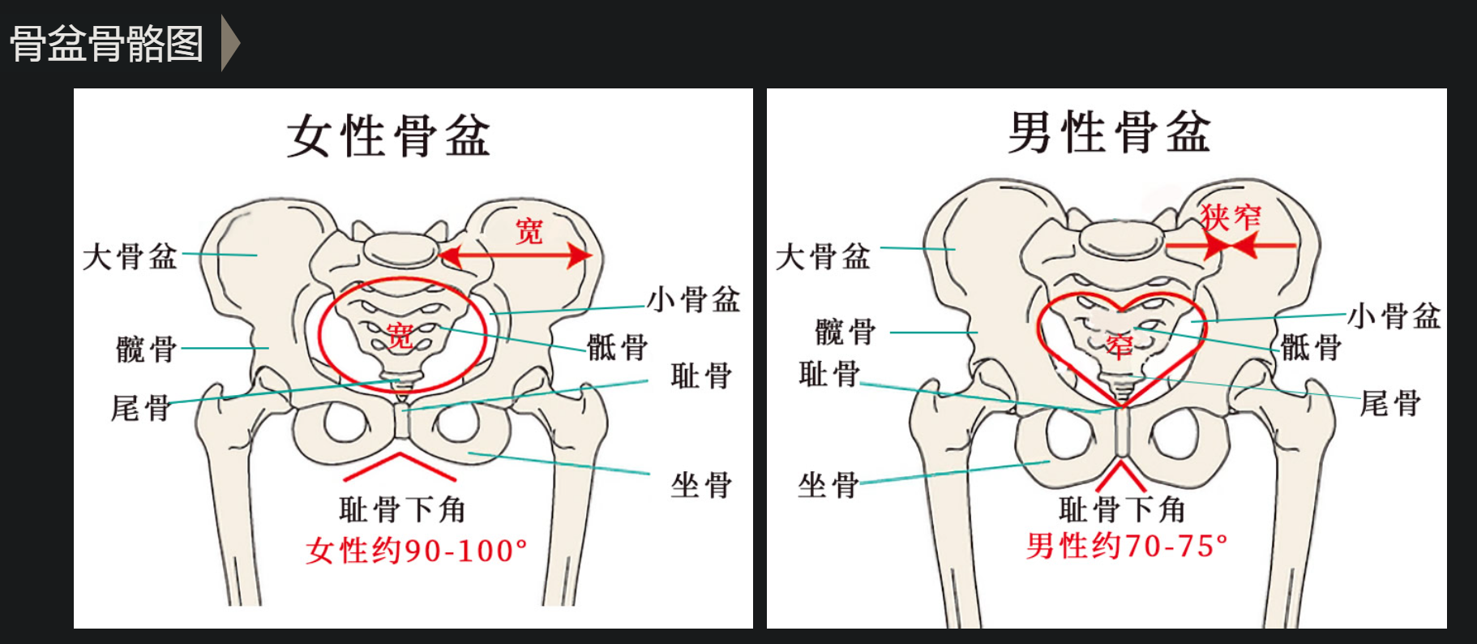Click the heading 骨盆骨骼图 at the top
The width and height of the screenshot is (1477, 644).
tap(106, 44)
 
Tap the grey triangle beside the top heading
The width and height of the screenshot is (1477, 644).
tap(230, 43)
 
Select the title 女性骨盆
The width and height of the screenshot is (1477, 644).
tap(389, 135)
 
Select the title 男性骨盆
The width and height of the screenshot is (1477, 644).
tap(1109, 131)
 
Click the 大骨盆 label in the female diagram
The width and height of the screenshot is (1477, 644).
tap(130, 257)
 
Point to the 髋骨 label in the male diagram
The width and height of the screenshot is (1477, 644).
tap(846, 332)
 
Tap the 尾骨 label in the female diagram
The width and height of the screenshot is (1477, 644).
tap(141, 407)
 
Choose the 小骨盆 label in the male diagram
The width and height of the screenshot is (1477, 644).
tap(1394, 316)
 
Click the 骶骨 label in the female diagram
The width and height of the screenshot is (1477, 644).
tap(618, 347)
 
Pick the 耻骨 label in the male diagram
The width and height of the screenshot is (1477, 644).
tap(829, 374)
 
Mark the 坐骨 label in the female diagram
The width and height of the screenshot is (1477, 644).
tap(701, 485)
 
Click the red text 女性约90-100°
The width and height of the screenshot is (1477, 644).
tap(417, 551)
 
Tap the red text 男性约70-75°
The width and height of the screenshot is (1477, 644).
tap(1127, 546)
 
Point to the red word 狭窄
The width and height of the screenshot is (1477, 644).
tap(1231, 217)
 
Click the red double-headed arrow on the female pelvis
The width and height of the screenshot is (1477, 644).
tap(516, 255)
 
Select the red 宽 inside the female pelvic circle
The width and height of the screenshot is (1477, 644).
tap(400, 335)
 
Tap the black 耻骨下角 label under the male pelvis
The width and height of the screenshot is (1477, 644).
tap(1123, 510)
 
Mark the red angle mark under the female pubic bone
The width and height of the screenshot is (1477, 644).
tap(400, 466)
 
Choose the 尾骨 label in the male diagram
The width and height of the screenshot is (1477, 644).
tap(1391, 402)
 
